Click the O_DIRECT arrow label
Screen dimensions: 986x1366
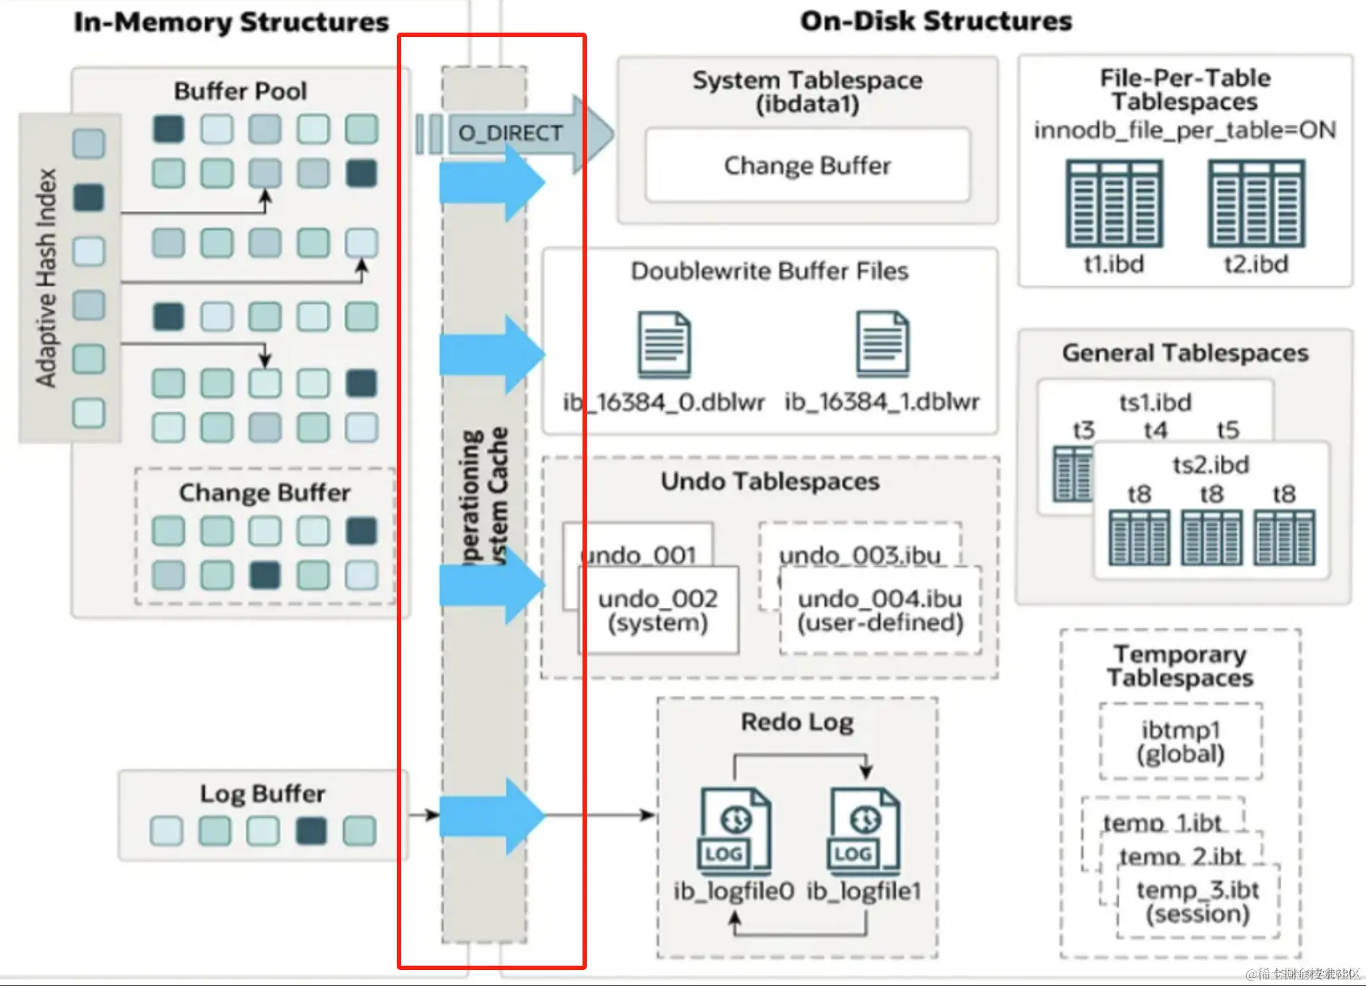click(x=510, y=133)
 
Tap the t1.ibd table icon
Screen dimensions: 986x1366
click(x=1114, y=204)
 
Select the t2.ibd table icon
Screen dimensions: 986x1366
click(x=1256, y=204)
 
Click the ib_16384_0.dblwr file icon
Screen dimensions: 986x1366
click(x=664, y=345)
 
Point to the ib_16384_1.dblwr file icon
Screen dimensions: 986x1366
click(x=882, y=345)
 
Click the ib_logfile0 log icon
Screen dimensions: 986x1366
click(x=734, y=831)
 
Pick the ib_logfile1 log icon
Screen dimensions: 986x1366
click(x=863, y=831)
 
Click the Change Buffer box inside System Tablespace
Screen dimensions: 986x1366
click(x=807, y=165)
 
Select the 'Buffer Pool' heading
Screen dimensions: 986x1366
click(x=240, y=91)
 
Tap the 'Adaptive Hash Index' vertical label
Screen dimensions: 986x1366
click(x=46, y=278)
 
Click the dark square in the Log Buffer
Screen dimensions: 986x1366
click(x=311, y=831)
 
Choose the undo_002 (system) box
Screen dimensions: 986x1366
click(x=658, y=610)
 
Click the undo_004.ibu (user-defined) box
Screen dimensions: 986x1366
click(x=880, y=610)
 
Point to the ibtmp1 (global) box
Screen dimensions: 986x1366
click(x=1180, y=741)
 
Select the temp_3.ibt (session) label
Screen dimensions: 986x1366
click(x=1198, y=901)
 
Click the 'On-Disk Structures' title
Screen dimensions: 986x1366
click(x=936, y=22)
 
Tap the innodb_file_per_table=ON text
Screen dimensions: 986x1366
click(x=1185, y=131)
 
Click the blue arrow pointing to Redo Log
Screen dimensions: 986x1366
click(x=491, y=815)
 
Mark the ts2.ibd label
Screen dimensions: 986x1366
click(x=1211, y=464)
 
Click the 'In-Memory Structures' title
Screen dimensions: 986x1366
click(x=231, y=22)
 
